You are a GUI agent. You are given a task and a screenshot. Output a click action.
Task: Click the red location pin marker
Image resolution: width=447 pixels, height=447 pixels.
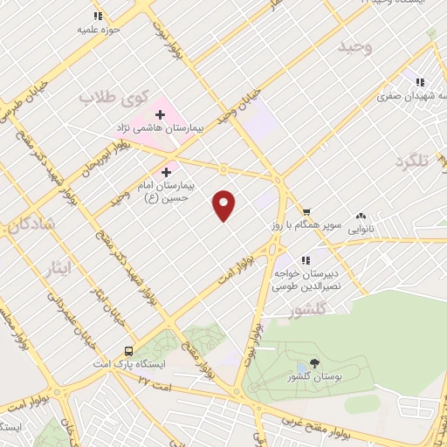(x=224, y=204)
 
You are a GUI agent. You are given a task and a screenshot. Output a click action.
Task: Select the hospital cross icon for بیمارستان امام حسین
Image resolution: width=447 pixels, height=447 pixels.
(x=166, y=172)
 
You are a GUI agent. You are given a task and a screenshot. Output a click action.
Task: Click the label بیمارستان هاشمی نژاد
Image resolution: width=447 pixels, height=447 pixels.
(x=161, y=128)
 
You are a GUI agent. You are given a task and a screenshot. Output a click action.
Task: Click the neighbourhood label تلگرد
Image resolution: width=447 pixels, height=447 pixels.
(x=412, y=162)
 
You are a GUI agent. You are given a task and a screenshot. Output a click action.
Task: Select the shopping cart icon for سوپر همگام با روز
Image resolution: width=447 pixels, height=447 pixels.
(x=306, y=211)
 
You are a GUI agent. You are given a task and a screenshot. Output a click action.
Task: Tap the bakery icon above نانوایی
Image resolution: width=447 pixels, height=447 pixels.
(x=360, y=217)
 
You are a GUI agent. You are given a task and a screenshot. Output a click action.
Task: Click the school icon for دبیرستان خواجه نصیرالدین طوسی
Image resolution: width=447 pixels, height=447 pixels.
(x=306, y=259)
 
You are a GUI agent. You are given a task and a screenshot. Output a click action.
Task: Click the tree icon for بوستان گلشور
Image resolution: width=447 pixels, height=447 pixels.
(x=313, y=363)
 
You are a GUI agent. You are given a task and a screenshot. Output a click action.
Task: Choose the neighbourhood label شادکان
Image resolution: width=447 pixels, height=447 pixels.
(x=31, y=225)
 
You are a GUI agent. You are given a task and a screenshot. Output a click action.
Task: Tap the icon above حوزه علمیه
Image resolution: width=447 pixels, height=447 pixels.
(x=98, y=17)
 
